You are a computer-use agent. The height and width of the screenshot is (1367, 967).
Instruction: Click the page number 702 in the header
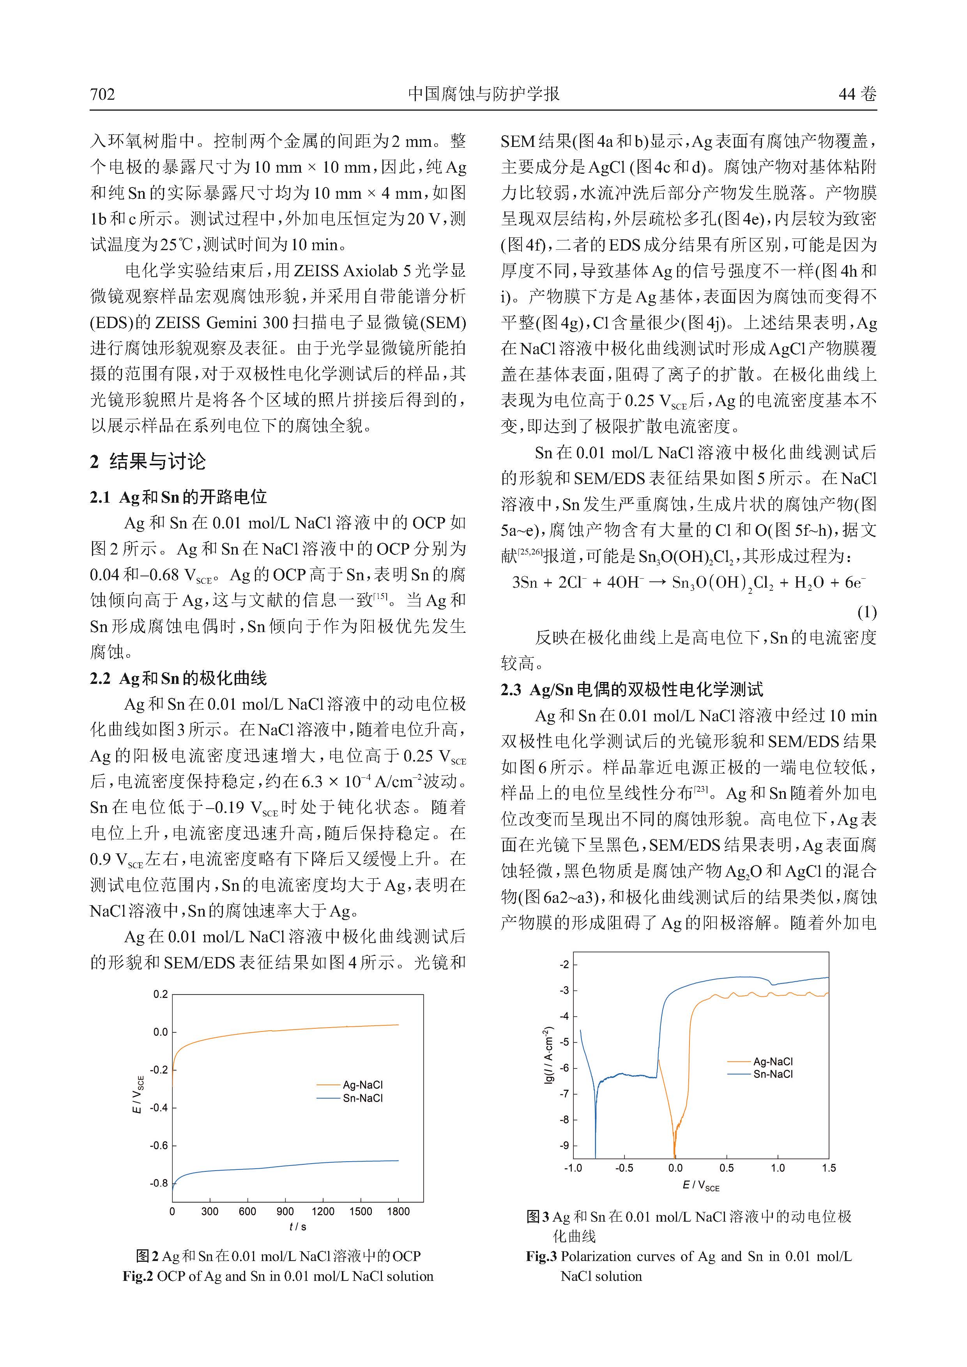click(103, 94)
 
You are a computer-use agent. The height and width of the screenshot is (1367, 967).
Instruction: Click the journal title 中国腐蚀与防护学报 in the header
click(483, 94)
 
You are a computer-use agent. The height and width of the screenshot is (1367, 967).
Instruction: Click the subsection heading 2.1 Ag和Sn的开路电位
click(178, 496)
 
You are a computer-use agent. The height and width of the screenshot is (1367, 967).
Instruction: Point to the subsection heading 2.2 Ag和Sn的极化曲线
click(178, 678)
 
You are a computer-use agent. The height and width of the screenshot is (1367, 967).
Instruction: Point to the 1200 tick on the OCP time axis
click(323, 1211)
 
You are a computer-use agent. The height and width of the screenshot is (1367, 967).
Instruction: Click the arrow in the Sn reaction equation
click(656, 582)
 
